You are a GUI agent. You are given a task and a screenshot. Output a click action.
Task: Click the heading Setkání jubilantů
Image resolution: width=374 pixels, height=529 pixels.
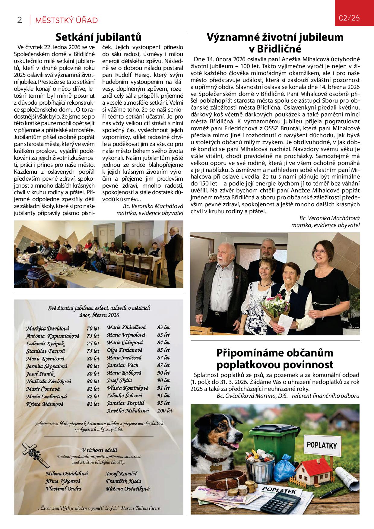coord(99,37)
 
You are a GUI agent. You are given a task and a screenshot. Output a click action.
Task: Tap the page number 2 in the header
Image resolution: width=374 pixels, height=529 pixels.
coord(20,20)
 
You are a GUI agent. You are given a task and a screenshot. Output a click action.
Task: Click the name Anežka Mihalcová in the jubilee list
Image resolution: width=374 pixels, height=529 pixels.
coord(128,410)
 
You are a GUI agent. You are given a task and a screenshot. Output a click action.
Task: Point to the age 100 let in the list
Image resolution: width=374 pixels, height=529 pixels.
coord(165,410)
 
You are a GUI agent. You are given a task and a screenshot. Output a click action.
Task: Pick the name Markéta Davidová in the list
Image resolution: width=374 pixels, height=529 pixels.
coord(48,328)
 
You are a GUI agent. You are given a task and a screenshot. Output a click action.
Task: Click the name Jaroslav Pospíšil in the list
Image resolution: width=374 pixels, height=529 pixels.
coord(126,403)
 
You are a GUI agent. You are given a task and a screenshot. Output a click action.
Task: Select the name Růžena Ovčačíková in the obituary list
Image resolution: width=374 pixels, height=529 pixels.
coord(128,489)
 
